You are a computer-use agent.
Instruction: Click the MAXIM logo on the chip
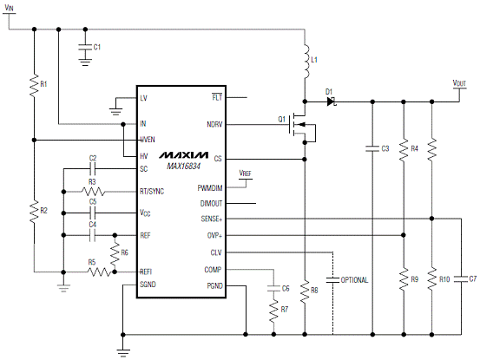184,155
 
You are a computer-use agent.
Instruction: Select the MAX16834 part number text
183,166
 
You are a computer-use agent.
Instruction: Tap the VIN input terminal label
10,7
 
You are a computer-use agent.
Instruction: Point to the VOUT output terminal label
459,83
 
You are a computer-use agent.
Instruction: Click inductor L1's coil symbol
306,62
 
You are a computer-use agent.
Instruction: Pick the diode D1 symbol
331,101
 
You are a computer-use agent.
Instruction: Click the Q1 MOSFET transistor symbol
301,128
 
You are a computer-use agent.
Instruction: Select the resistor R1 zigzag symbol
35,86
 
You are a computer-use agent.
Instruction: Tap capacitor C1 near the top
85,48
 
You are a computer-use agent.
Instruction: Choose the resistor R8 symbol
305,292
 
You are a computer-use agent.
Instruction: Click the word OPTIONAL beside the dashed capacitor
354,280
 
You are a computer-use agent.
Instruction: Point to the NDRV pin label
214,125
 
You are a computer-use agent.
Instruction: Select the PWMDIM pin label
210,187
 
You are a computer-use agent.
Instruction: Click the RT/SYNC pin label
152,192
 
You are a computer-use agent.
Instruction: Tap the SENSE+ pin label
212,219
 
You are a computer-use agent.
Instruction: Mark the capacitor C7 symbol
461,279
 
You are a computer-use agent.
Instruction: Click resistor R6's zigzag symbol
115,254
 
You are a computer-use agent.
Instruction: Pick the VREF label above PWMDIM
245,173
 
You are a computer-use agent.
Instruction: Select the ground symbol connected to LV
115,111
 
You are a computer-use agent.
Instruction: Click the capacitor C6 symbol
273,288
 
